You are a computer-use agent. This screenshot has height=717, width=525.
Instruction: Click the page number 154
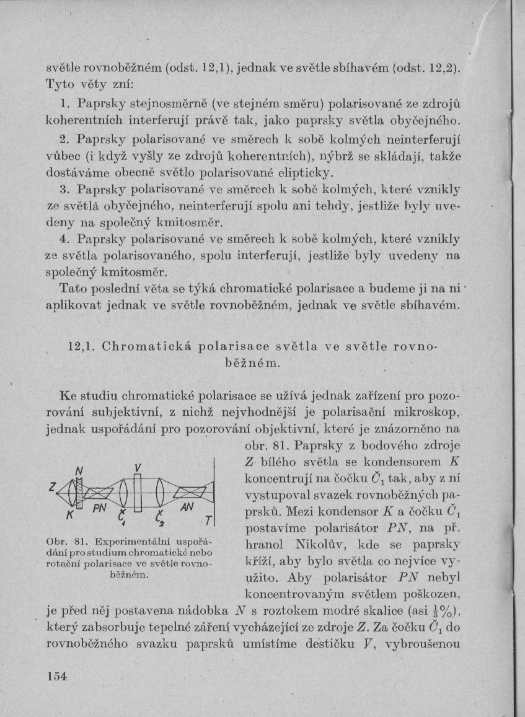point(56,675)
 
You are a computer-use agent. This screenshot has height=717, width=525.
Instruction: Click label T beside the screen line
point(209,520)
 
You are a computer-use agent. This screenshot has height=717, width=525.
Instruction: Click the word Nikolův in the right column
point(322,545)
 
